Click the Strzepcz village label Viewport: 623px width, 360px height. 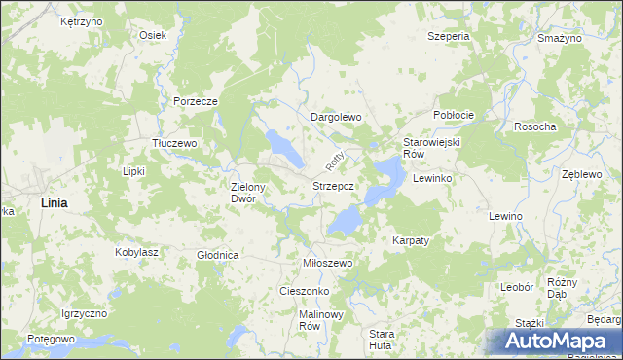340,185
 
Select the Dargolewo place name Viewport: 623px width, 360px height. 336,117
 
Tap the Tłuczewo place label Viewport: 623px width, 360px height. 175,142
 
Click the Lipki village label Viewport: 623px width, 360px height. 133,171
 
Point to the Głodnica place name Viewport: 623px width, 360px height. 218,255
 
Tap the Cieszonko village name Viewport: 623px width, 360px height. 305,291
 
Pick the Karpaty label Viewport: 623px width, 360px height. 411,239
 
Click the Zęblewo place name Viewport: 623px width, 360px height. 583,174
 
